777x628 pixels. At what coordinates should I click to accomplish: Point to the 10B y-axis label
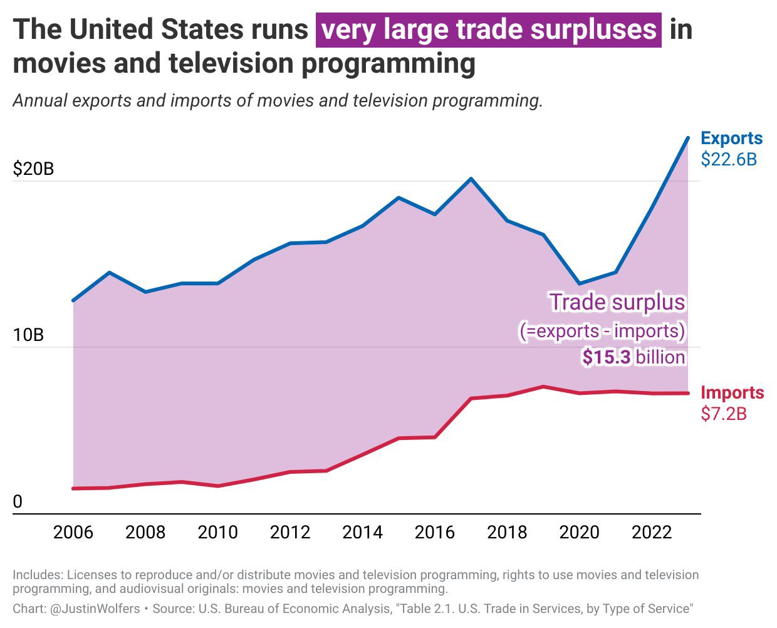tap(28, 335)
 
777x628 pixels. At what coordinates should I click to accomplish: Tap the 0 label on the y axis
tap(18, 501)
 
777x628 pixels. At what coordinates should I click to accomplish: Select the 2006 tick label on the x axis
tap(73, 532)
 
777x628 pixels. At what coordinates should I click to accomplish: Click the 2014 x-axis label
tap(362, 532)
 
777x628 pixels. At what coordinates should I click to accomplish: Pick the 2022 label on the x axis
tap(652, 532)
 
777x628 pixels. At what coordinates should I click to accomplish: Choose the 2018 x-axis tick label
tap(507, 532)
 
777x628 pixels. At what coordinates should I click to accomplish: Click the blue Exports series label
tap(731, 138)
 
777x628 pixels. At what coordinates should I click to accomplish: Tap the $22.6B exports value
tap(729, 159)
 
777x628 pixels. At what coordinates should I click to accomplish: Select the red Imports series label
tap(732, 393)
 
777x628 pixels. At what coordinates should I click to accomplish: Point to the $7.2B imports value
tap(724, 414)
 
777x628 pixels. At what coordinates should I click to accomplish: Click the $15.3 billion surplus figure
tap(634, 357)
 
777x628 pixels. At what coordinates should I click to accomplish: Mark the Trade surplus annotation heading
tap(617, 302)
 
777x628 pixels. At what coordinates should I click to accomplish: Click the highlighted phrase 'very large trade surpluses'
tap(489, 29)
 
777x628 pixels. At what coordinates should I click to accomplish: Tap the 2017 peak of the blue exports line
tap(471, 179)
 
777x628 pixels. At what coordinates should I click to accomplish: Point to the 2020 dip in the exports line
tap(580, 284)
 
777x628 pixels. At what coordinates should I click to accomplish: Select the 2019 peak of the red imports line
tap(543, 386)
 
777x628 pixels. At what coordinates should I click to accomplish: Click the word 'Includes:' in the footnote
tap(38, 575)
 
